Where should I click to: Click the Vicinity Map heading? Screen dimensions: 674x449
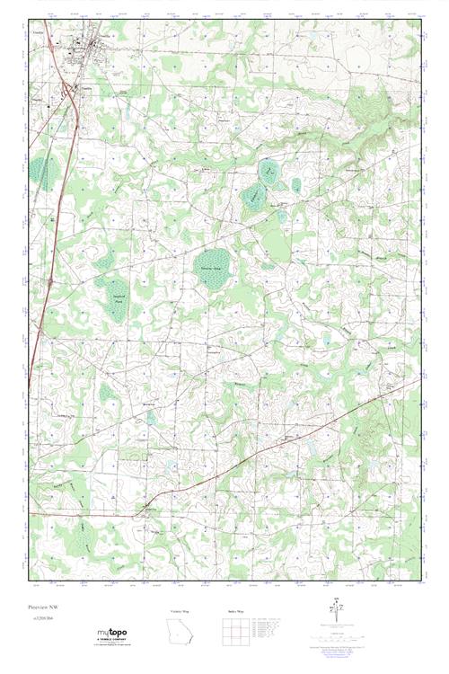pos(180,611)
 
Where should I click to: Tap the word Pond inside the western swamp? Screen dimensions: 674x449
pos(117,312)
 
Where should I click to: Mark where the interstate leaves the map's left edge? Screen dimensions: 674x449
pos(30,386)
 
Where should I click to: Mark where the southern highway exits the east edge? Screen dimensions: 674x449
pos(419,379)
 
